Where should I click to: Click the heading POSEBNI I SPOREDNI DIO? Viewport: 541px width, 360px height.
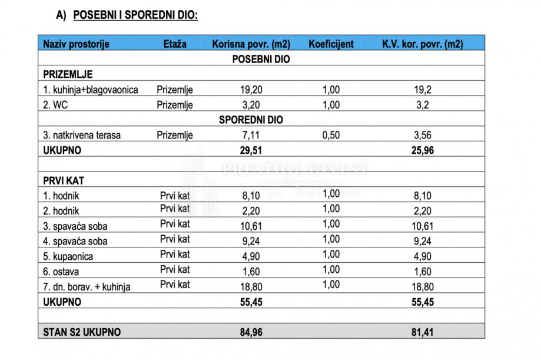(x=135, y=16)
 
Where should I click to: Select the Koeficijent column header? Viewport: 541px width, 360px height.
(x=331, y=44)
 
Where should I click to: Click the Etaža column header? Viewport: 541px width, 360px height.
(x=175, y=44)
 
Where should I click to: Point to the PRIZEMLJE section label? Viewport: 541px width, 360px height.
(x=68, y=75)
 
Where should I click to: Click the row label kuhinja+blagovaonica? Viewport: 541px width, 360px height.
(x=91, y=90)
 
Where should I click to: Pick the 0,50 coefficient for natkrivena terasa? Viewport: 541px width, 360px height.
(x=331, y=135)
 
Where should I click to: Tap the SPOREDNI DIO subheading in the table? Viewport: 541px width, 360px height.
(x=251, y=120)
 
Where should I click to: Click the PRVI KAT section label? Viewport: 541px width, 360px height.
(x=65, y=180)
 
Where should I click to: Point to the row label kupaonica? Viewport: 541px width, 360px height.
(x=68, y=256)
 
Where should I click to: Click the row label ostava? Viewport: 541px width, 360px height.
(x=62, y=272)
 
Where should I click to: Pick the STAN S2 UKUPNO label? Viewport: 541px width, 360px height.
(x=82, y=332)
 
